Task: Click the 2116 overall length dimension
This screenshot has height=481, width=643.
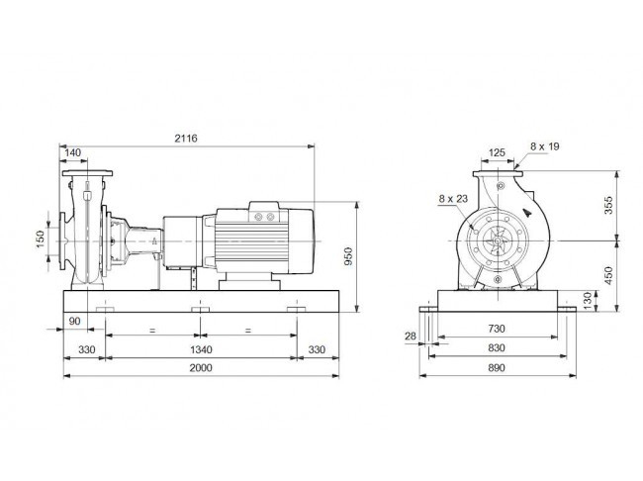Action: tap(186, 139)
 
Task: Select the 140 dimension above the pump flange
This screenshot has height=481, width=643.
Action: tap(73, 152)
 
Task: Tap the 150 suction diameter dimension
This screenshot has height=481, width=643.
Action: tap(40, 239)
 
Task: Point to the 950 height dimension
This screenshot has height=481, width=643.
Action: tap(348, 256)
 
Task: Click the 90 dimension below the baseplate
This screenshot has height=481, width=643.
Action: tap(74, 321)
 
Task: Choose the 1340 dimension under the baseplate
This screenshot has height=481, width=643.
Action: tap(201, 349)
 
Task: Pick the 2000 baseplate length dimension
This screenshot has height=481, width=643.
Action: tap(201, 367)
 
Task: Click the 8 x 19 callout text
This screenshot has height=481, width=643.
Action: tap(545, 146)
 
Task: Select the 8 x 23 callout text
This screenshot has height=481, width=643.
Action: tap(453, 199)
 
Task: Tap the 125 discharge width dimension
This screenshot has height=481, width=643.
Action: tap(497, 152)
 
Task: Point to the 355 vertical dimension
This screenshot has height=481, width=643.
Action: tap(608, 205)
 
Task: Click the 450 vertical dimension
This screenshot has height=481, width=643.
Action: tap(608, 275)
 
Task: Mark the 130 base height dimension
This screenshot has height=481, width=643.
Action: tap(588, 301)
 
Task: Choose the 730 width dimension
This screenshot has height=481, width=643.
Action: tap(497, 329)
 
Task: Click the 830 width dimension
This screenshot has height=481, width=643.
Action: tap(497, 348)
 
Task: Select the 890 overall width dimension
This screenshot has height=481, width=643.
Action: tap(497, 368)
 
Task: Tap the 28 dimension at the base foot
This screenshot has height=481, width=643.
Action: tap(411, 337)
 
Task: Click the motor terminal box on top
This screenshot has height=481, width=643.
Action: tap(264, 212)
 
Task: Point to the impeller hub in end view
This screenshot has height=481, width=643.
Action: tap(498, 240)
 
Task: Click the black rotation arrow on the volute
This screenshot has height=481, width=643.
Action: tap(527, 213)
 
